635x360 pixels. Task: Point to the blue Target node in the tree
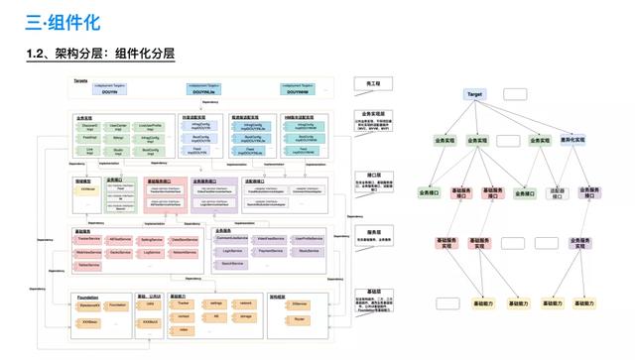474,94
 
